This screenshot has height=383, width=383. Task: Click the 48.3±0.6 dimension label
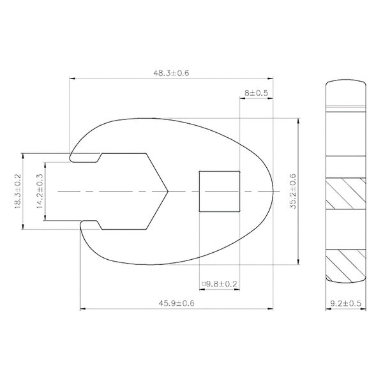[x=170, y=73]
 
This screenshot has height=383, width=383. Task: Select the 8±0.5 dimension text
[x=256, y=93]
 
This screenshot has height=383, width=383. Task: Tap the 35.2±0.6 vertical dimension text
[x=293, y=191]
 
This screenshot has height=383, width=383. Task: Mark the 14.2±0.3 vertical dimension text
[x=40, y=191]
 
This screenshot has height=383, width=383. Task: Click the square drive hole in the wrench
[x=219, y=191]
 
